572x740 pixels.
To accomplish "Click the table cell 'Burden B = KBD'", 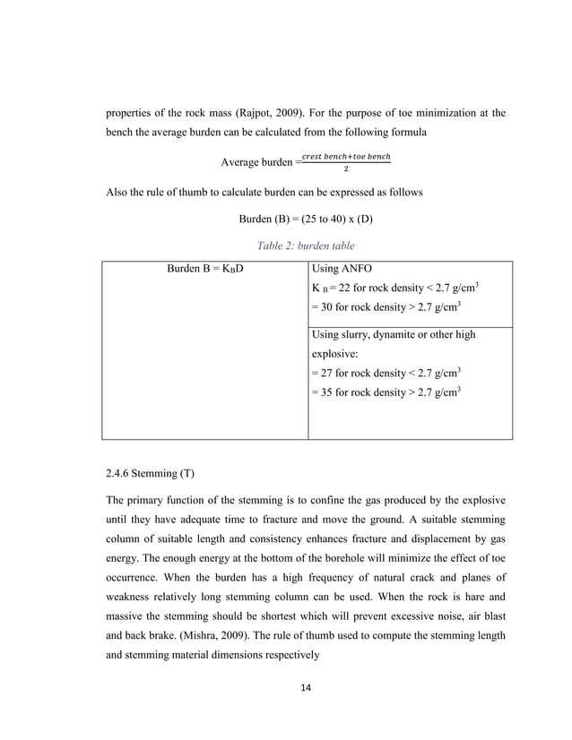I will [205, 268].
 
